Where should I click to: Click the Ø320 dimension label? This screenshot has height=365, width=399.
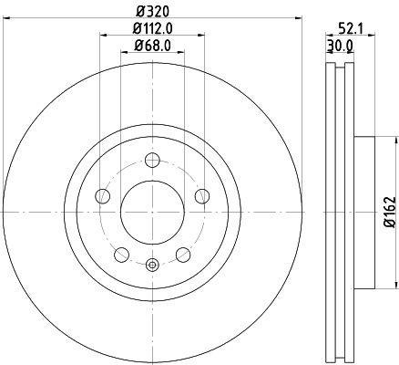click(152, 12)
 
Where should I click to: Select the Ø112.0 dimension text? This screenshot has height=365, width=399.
click(153, 29)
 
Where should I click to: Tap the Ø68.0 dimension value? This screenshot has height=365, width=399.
click(152, 47)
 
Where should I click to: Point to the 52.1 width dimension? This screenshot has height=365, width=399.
click(349, 29)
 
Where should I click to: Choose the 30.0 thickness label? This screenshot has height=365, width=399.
click(340, 47)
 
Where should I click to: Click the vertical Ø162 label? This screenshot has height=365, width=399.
click(390, 212)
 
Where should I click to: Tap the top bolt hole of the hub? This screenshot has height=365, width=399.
click(152, 160)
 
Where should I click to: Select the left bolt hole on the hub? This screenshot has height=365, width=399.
click(102, 196)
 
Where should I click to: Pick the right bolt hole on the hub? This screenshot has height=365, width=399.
click(202, 196)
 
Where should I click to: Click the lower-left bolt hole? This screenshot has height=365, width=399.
click(121, 255)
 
